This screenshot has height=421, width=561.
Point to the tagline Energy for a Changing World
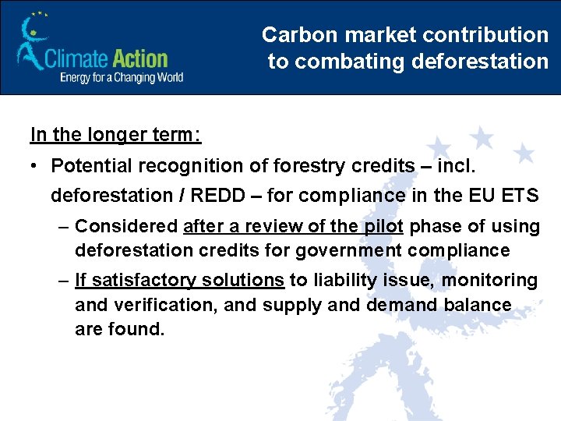pos(122,77)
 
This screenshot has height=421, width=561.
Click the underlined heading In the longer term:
pos(115,134)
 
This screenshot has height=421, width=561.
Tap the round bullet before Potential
pos(36,166)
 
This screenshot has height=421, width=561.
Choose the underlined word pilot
pos(383,226)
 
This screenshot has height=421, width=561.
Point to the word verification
pos(162,304)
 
